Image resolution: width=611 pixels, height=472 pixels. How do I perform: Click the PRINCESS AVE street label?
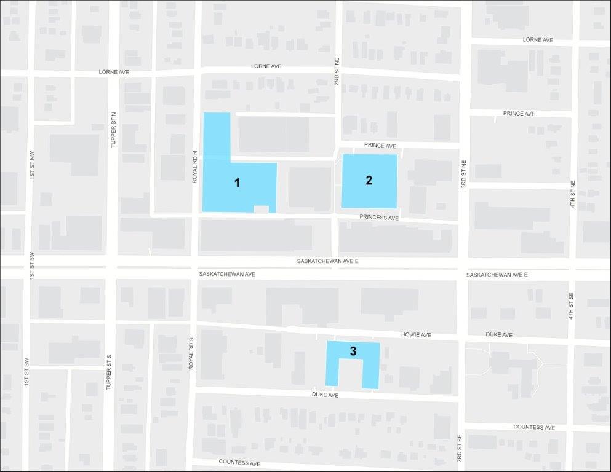click(x=379, y=218)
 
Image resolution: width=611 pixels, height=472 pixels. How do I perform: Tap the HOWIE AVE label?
click(x=416, y=335)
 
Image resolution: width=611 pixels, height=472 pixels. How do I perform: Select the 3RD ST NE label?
click(x=464, y=175)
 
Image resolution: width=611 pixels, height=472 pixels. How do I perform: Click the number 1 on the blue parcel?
click(x=237, y=183)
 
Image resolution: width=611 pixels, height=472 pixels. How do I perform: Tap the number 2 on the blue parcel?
click(x=369, y=180)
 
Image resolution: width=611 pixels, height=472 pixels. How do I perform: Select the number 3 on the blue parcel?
click(x=353, y=351)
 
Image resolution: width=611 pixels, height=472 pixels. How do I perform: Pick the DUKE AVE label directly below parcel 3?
click(x=325, y=395)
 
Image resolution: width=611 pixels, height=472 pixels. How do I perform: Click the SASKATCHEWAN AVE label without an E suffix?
click(x=226, y=274)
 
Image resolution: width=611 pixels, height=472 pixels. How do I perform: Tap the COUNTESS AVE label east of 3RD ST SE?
click(x=534, y=427)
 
